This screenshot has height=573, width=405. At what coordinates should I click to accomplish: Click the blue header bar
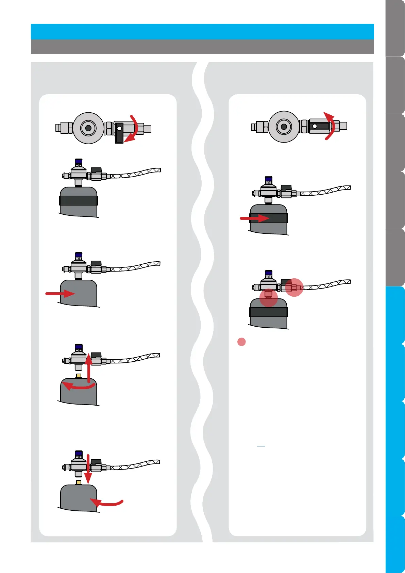pos(202,32)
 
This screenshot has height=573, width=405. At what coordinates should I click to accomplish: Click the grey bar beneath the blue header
pos(202,47)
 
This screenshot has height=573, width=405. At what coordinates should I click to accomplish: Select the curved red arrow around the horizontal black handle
pos(331,126)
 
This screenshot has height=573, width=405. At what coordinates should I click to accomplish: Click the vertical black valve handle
pos(119,133)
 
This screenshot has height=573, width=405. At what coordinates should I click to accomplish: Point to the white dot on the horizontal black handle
pos(315,126)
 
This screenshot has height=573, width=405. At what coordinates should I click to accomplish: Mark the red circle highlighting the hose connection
pos(294,288)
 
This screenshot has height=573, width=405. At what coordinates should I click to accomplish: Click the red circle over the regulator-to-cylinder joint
pos(269,298)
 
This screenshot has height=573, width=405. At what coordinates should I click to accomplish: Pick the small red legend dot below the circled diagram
pos(241,342)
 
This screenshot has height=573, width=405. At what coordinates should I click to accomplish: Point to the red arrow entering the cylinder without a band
pos(61,293)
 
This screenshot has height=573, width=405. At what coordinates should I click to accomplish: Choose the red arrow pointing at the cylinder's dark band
pos(254,218)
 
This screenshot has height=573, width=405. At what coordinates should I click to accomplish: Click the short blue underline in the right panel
pos(261,446)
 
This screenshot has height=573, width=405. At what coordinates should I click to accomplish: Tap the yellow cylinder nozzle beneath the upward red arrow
pos(79,376)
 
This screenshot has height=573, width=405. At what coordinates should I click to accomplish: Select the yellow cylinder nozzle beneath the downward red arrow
pos(79,482)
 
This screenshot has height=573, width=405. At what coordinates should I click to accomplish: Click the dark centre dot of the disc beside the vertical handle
pos(88,128)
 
